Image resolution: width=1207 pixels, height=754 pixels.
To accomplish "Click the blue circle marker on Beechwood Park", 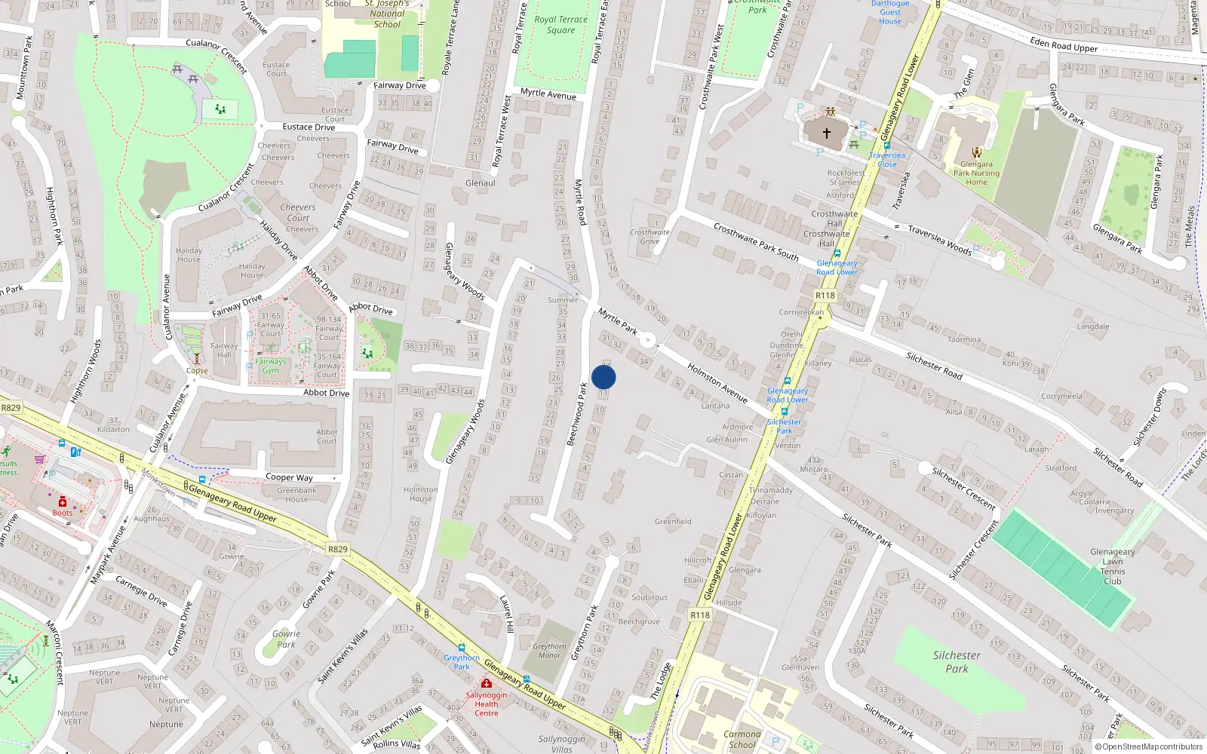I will pyautogui.click(x=603, y=377).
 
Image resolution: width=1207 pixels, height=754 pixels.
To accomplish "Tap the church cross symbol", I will pyautogui.click(x=826, y=133).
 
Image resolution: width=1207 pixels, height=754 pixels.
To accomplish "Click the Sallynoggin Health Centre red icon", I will pyautogui.click(x=486, y=683).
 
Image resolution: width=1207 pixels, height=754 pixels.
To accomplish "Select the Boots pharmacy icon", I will pyautogui.click(x=63, y=502).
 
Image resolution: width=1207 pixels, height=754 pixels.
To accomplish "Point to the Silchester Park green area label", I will pyautogui.click(x=957, y=661).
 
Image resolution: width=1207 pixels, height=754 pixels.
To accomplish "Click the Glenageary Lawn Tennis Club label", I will pyautogui.click(x=1112, y=566).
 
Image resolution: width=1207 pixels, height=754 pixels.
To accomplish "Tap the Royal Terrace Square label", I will pyautogui.click(x=561, y=25).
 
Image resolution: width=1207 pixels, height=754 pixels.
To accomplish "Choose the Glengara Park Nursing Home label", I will pyautogui.click(x=976, y=173).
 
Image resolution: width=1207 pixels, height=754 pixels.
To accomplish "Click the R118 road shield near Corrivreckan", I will pyautogui.click(x=825, y=296).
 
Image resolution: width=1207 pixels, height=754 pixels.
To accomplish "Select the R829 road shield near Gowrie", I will pyautogui.click(x=338, y=549).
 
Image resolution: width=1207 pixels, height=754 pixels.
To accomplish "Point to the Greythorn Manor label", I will pyautogui.click(x=549, y=651).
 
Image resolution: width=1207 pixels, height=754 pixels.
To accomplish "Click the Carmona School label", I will pyautogui.click(x=742, y=739).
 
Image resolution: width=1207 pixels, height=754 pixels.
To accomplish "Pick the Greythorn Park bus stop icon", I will pyautogui.click(x=461, y=648).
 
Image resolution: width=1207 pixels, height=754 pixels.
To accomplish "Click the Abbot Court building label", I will pyautogui.click(x=327, y=437).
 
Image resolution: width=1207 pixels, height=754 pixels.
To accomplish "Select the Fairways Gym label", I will pyautogui.click(x=270, y=366).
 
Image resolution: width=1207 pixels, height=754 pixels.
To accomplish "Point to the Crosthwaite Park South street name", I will pyautogui.click(x=755, y=241).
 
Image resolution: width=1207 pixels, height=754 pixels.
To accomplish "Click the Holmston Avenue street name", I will pyautogui.click(x=717, y=382).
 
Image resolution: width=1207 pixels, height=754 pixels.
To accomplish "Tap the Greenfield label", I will pyautogui.click(x=673, y=521).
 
